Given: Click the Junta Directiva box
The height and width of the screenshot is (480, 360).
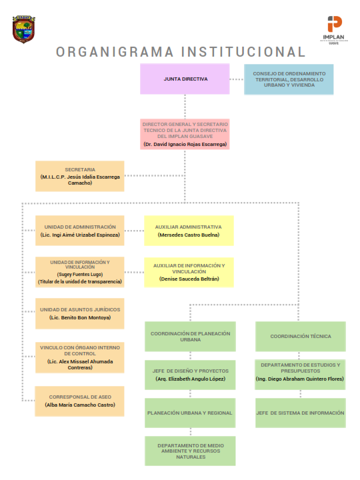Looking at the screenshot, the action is click(185, 79).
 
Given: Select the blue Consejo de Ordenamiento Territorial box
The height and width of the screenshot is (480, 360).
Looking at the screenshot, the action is click(289, 79).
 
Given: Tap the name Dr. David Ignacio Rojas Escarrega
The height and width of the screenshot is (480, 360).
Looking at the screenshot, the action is click(185, 144).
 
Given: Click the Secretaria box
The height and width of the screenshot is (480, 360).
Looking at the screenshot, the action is click(80, 176).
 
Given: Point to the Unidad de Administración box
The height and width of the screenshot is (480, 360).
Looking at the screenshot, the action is click(80, 231).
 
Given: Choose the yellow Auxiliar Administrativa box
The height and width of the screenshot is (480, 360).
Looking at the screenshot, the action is click(189, 231).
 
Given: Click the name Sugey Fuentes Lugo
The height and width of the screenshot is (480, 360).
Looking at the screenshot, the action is click(80, 274).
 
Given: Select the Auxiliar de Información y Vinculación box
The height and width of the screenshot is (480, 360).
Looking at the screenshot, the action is click(189, 273).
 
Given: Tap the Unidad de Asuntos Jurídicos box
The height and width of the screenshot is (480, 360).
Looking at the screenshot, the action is click(80, 313).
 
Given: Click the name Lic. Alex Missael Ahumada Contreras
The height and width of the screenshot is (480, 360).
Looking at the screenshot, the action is click(80, 364).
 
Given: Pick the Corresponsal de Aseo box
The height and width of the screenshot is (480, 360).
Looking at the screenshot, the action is click(79, 401).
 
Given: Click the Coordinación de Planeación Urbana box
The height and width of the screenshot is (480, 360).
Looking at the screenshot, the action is click(190, 337).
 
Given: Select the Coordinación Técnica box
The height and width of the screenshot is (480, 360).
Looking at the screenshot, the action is click(301, 337).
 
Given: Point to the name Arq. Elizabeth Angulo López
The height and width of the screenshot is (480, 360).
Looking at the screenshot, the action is click(191, 379).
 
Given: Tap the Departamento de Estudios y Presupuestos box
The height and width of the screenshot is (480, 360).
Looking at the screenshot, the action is click(300, 375).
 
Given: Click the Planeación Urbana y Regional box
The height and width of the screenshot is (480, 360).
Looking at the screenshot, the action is click(190, 413).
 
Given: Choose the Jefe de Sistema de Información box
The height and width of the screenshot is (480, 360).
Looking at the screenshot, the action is click(301, 413).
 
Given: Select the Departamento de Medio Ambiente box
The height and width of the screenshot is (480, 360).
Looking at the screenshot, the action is click(190, 451).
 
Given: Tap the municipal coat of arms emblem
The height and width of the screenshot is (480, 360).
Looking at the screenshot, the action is click(24, 29).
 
